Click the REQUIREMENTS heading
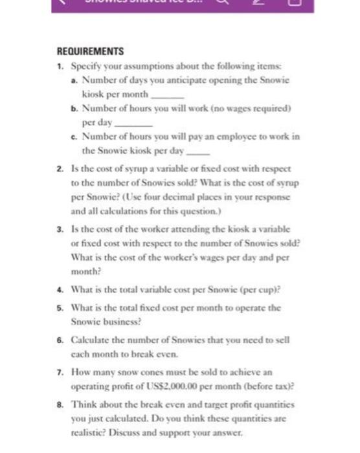tap(90, 51)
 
